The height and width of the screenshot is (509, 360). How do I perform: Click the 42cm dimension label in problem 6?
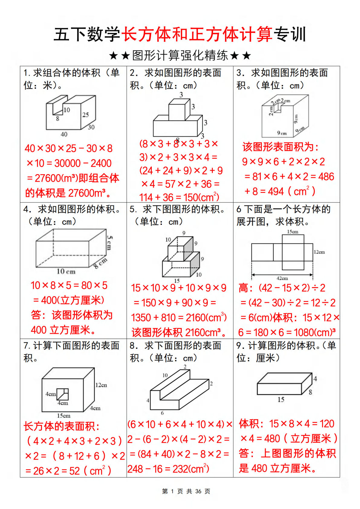(282, 278)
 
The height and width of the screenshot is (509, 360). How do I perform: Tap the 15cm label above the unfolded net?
(292, 232)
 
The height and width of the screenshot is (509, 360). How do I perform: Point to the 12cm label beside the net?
(319, 252)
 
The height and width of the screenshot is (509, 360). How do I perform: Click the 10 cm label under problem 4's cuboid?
(66, 271)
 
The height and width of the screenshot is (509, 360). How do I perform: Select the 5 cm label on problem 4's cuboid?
(109, 243)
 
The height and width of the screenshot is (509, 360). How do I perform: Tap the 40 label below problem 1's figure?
(64, 134)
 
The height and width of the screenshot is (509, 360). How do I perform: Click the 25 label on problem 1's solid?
(86, 115)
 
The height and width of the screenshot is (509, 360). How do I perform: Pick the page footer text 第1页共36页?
(186, 491)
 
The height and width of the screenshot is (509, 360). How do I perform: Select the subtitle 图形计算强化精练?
(180, 56)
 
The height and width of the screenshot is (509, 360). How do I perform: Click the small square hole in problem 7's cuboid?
(63, 394)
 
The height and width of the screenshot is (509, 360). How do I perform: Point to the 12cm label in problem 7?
(101, 385)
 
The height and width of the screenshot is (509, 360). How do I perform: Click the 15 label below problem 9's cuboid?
(281, 400)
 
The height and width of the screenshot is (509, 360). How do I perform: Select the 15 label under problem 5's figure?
(177, 281)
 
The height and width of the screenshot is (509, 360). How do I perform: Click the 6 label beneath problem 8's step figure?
(162, 413)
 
